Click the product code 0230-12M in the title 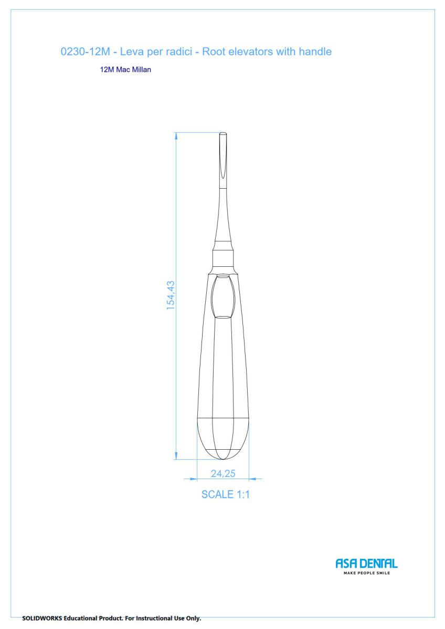[85, 52]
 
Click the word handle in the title [315, 52]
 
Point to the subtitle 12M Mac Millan [125, 69]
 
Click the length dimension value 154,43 [171, 295]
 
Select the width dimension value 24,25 [223, 473]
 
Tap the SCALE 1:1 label [226, 494]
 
